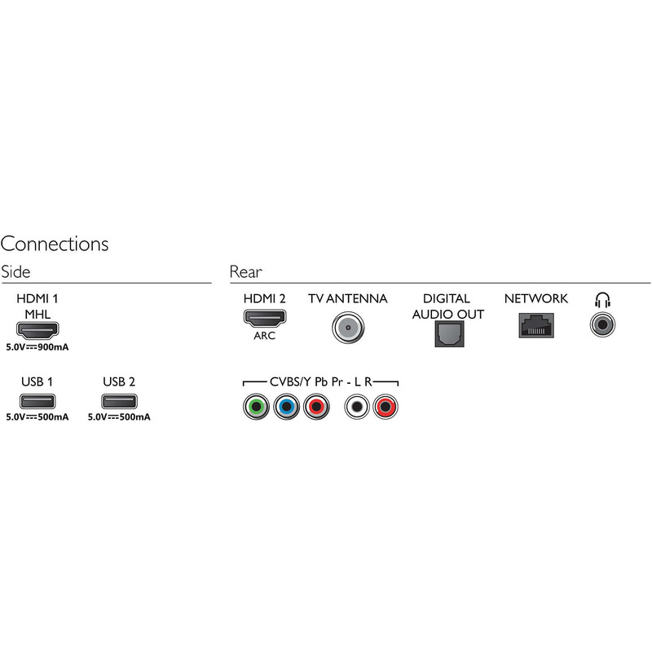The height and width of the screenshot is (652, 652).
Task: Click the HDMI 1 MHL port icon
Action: pyautogui.click(x=37, y=330)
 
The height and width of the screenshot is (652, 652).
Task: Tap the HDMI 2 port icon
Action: pyautogui.click(x=265, y=318)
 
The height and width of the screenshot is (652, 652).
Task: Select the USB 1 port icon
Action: pyautogui.click(x=37, y=401)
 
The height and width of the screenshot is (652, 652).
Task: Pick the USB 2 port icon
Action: pyautogui.click(x=119, y=401)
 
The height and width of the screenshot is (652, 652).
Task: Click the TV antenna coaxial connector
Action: pyautogui.click(x=348, y=328)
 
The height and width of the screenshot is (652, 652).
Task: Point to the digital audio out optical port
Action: pyautogui.click(x=450, y=334)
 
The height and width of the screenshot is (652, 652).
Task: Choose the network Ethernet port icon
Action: pyautogui.click(x=536, y=325)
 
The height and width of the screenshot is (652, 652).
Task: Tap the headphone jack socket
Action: pyautogui.click(x=602, y=324)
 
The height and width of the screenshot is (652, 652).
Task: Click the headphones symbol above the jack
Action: pyautogui.click(x=602, y=299)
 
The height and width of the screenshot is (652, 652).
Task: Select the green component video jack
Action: pyautogui.click(x=256, y=406)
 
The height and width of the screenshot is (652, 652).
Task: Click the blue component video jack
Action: pyautogui.click(x=287, y=406)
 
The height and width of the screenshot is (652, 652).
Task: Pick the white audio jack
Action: pyautogui.click(x=357, y=406)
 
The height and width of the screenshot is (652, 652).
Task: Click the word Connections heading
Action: pyautogui.click(x=55, y=244)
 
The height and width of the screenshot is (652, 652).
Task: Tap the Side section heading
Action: pyautogui.click(x=15, y=272)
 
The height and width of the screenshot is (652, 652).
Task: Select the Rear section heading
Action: pyautogui.click(x=246, y=272)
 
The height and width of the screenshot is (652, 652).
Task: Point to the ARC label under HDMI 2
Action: pyautogui.click(x=264, y=336)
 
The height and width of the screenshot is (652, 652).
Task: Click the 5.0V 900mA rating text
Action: pyautogui.click(x=37, y=347)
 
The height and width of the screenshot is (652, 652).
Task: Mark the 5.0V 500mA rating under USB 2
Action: pyautogui.click(x=119, y=417)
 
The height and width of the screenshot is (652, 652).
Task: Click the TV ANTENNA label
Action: pyautogui.click(x=348, y=298)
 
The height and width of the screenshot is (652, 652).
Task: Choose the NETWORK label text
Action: pyautogui.click(x=536, y=298)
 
